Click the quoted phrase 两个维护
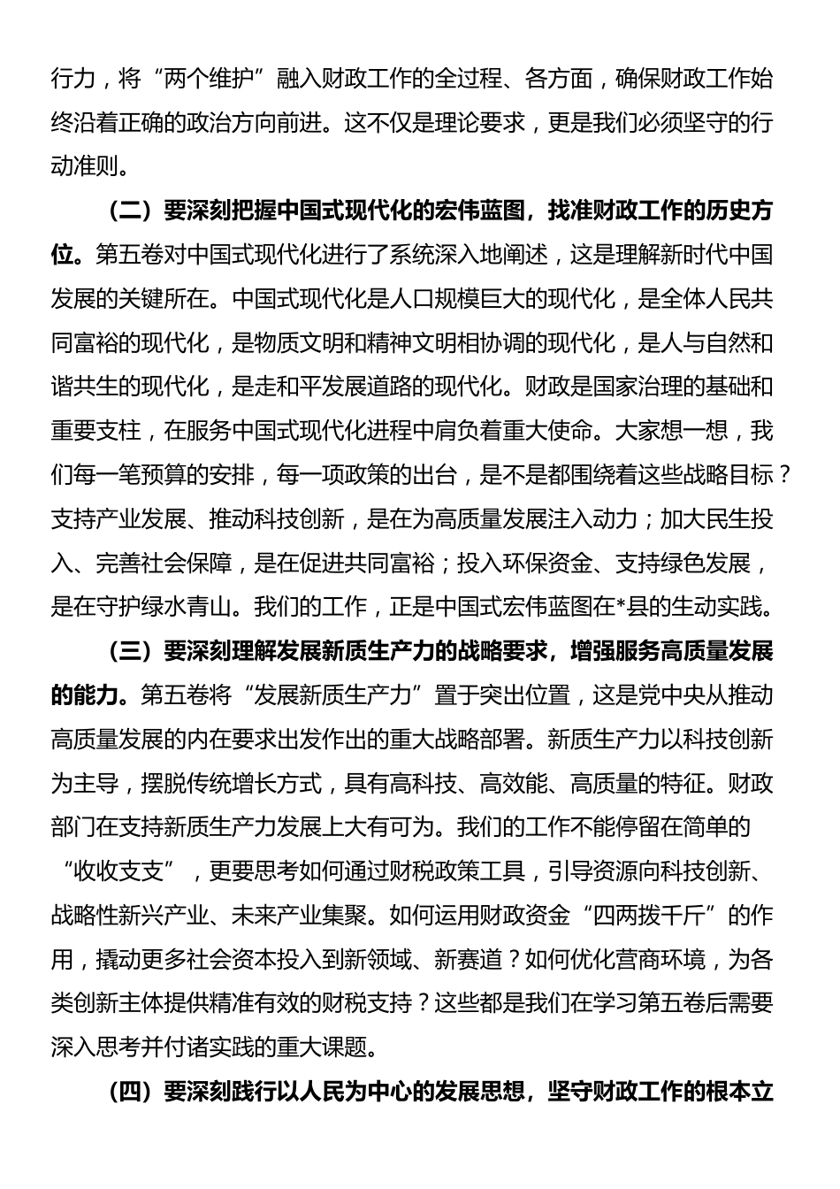click(210, 79)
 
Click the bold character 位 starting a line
click(63, 256)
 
